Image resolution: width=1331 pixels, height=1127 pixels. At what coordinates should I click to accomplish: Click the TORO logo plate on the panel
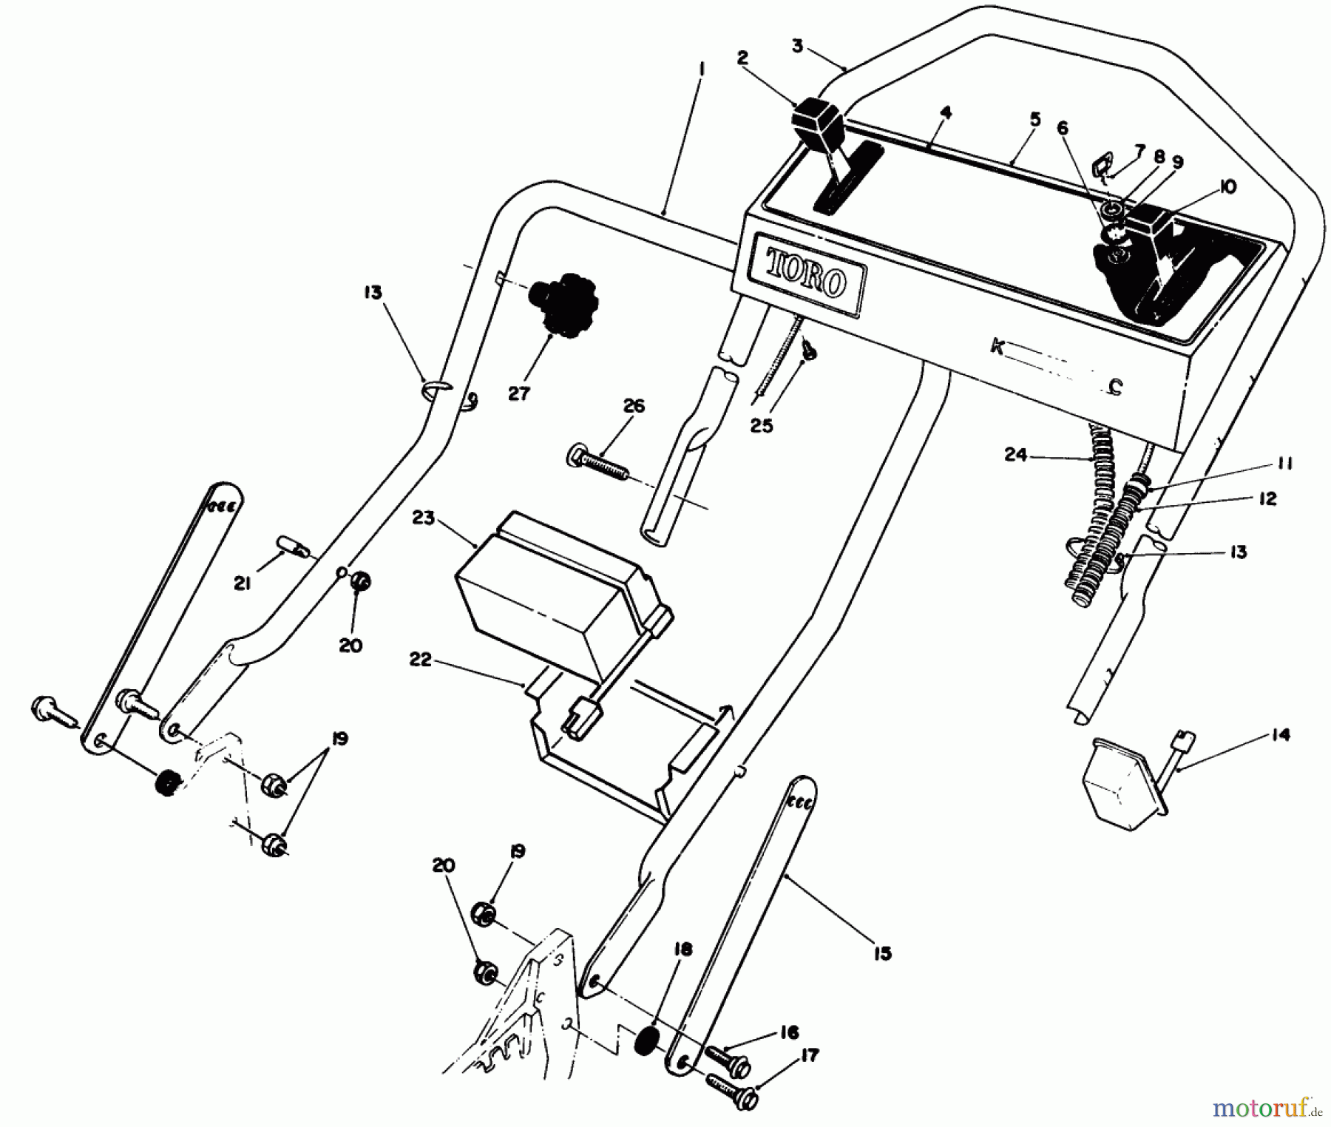point(807,274)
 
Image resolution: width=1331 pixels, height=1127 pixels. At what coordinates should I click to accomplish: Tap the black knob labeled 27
point(563,304)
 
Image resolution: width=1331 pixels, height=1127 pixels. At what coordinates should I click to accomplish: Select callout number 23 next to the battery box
point(424,519)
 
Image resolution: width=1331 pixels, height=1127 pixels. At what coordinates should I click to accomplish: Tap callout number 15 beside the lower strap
point(882,953)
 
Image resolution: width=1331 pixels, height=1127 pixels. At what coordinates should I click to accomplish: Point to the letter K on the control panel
point(998,345)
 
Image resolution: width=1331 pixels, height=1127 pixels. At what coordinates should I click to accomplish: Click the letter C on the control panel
point(1117,386)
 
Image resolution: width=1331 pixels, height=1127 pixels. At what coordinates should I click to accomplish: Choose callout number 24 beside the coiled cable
point(1016,455)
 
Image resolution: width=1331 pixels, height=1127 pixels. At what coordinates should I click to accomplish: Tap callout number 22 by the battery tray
point(420,660)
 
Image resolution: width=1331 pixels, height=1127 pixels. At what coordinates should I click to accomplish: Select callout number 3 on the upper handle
point(797,46)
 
